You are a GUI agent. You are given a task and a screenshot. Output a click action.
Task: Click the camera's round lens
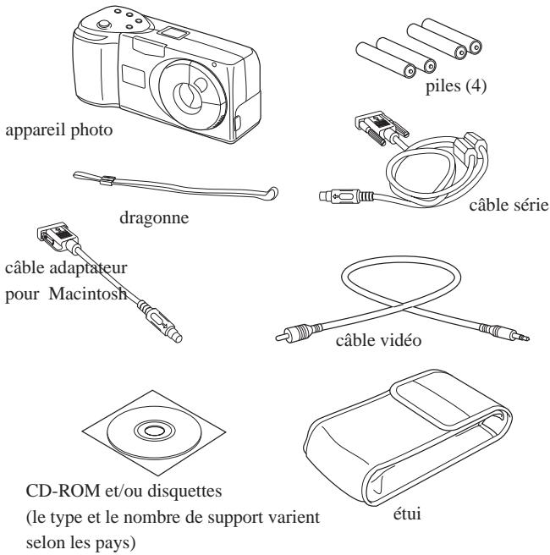tap(190, 95)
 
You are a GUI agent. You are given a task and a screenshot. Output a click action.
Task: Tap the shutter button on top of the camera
tap(104, 25)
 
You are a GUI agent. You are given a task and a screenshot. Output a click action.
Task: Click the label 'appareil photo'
tap(59, 130)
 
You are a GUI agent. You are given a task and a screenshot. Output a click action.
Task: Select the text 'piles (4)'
tap(456, 86)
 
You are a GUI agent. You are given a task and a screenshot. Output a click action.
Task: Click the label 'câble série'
tap(509, 205)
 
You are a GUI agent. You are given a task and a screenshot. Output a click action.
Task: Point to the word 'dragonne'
tap(154, 217)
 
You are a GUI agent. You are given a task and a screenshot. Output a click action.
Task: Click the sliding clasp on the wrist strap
tap(107, 181)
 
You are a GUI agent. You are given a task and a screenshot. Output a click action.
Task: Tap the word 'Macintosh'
tap(88, 294)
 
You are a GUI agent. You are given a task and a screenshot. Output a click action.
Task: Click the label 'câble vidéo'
tap(378, 340)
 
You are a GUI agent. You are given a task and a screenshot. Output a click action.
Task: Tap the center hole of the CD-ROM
tap(154, 431)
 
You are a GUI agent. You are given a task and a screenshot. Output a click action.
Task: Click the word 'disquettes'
tap(184, 491)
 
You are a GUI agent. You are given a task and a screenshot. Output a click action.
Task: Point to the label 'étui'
tap(407, 514)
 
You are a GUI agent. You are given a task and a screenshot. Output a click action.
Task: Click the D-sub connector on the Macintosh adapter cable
tap(57, 236)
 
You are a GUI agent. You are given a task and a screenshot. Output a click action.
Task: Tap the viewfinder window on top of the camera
tap(173, 33)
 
